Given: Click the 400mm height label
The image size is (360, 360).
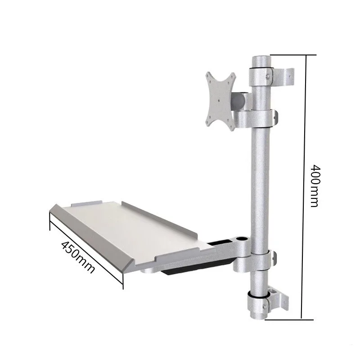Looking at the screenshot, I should pos(315,186).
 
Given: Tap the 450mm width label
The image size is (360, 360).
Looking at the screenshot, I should pos(77,257).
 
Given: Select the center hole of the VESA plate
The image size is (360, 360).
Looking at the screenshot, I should pos(220,101).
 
